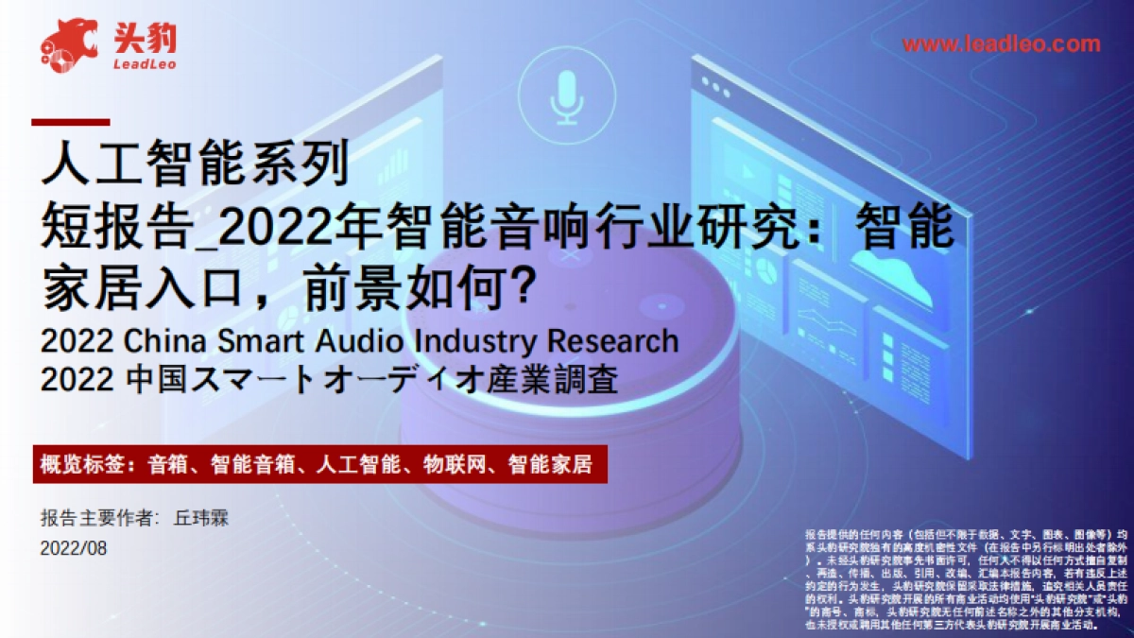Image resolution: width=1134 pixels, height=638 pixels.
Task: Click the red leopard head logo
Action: click(x=68, y=43)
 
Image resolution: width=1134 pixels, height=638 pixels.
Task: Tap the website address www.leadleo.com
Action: click(x=1001, y=44)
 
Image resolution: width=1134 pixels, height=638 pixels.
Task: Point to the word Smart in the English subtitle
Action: click(x=263, y=340)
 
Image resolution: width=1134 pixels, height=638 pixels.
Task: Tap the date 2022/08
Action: click(x=74, y=549)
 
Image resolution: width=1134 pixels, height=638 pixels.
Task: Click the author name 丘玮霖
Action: click(x=202, y=519)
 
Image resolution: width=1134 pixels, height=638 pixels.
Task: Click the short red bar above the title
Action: click(x=71, y=122)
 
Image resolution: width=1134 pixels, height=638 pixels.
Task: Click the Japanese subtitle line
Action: click(x=331, y=380)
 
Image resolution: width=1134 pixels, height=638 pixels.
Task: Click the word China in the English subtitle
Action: click(x=166, y=340)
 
